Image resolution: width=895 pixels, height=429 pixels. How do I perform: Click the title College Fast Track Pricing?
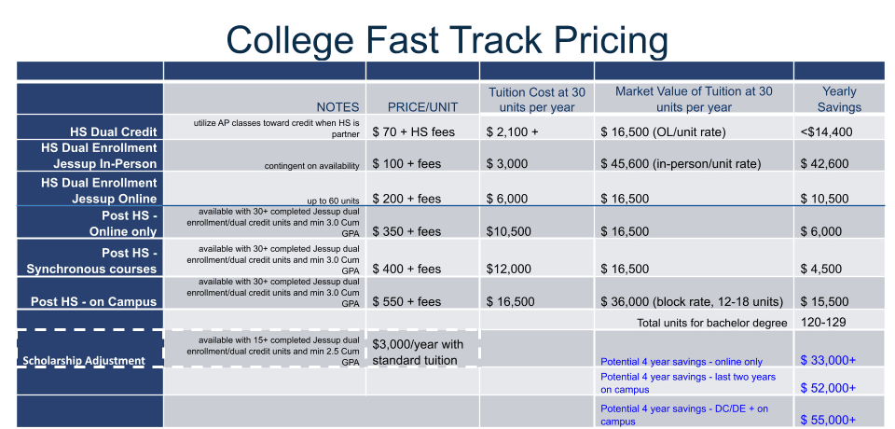coord(447,40)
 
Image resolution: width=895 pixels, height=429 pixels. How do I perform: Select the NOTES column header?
coord(337,107)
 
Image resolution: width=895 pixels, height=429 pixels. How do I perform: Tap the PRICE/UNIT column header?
coord(423,107)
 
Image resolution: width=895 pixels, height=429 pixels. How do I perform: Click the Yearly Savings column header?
coord(839,99)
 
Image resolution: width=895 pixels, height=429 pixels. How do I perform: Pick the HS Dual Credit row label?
coord(114,131)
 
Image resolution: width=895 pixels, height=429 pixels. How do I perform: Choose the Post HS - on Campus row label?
coord(93,301)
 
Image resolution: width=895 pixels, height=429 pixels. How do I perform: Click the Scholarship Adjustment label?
coord(84,360)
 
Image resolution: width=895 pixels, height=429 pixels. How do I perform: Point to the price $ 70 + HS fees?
coord(414,131)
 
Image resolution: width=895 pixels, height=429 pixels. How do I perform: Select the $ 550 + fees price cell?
coord(407,301)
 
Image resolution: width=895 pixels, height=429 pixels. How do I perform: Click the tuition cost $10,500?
coord(509,231)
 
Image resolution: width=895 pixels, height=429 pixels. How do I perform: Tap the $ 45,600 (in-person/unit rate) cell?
coord(681,164)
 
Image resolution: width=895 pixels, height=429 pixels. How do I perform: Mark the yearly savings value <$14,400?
coord(827,131)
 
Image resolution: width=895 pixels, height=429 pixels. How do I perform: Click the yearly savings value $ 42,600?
coord(825,164)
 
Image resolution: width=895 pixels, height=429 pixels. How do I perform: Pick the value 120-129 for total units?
coord(823,322)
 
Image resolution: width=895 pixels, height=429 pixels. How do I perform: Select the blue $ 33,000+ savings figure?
coord(828,360)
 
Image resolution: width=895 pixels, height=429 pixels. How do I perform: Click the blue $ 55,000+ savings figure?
coord(828,420)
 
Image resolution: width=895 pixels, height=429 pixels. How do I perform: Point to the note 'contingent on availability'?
coord(311,166)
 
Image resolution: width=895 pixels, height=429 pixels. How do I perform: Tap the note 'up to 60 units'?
coord(334,201)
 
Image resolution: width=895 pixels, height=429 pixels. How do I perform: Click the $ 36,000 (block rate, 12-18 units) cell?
coord(692,301)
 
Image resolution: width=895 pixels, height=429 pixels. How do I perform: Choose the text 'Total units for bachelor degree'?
coord(711,323)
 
